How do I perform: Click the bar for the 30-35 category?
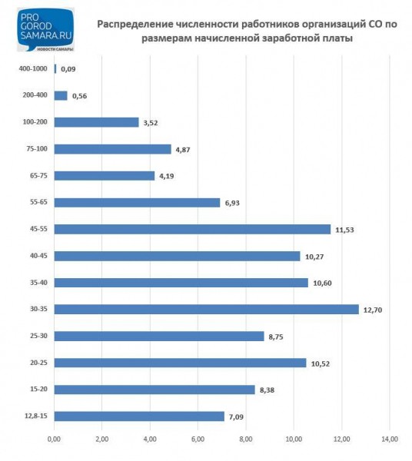click(x=206, y=309)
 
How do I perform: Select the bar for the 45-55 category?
click(x=192, y=229)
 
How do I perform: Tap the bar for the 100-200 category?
click(x=96, y=122)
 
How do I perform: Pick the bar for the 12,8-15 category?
click(x=139, y=416)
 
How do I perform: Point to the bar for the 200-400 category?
click(x=61, y=95)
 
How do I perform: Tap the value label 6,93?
click(x=234, y=203)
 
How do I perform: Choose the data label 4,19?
click(x=168, y=176)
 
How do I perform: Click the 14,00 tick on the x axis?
click(x=389, y=439)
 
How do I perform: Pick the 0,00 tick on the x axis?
click(x=54, y=439)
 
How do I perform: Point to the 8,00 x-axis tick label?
click(x=245, y=439)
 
